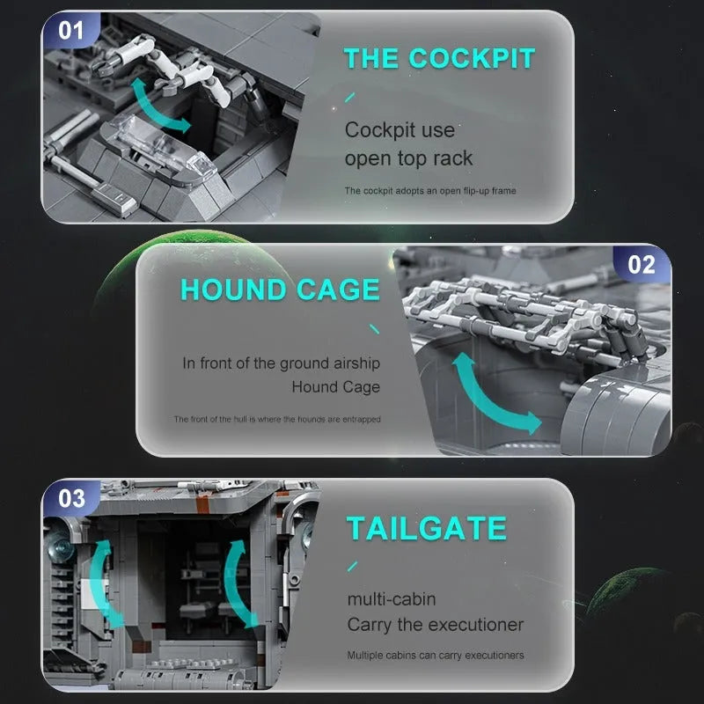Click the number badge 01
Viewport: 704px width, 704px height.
[71, 30]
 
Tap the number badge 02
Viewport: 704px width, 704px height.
[642, 265]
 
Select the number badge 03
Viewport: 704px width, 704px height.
[71, 498]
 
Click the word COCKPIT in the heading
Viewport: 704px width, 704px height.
[472, 58]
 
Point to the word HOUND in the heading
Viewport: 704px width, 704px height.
[232, 290]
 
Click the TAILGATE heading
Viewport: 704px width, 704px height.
[427, 528]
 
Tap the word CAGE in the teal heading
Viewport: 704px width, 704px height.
[338, 290]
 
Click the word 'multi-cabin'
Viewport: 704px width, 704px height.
[392, 599]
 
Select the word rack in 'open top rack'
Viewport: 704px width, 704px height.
[453, 158]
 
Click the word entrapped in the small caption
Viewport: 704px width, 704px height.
[362, 420]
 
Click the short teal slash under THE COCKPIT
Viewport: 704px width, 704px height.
[349, 97]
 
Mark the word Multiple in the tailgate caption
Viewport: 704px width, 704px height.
[365, 656]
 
